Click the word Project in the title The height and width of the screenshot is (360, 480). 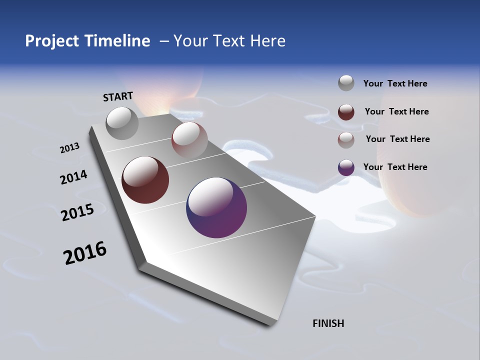52,41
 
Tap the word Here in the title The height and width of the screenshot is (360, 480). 267,41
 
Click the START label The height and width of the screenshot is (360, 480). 118,96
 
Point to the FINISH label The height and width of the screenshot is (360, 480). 328,323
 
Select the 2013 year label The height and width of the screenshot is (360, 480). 69,148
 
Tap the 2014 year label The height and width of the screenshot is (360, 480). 73,177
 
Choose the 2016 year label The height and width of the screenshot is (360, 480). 85,253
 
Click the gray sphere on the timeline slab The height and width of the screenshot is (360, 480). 122,123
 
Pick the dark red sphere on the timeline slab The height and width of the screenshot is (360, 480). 145,180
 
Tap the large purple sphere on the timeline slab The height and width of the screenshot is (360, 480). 216,207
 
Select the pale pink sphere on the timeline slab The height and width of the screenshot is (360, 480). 189,140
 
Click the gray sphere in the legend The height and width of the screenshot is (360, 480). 346,83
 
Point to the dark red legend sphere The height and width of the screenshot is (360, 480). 346,112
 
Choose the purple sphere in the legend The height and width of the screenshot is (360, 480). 346,167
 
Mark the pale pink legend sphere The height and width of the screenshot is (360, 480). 346,139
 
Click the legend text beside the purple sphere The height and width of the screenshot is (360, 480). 395,167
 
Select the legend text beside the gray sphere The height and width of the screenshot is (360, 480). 395,83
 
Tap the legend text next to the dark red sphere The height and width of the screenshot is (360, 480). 396,111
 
